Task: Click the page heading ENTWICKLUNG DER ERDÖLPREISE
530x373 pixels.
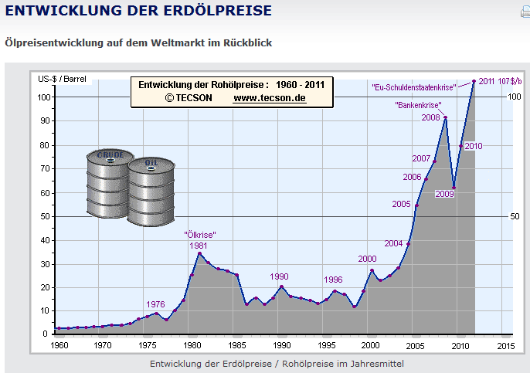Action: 138,11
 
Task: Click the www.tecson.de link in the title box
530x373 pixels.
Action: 270,99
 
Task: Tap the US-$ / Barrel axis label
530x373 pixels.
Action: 63,79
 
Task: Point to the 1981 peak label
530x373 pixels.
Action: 199,246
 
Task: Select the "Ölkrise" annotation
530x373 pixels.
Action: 199,235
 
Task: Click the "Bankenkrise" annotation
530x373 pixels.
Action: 418,104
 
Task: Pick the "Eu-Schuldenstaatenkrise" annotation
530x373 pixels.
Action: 414,87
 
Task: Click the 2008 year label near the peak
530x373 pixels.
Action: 431,118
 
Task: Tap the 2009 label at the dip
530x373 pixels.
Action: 444,194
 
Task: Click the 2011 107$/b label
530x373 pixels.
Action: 500,81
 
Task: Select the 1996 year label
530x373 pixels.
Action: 333,280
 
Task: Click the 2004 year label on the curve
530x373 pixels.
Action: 393,243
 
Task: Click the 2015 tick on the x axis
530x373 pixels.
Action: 504,345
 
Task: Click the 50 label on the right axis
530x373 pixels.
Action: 515,217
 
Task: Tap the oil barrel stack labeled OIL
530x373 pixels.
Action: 151,192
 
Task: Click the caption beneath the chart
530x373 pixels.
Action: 276,363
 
